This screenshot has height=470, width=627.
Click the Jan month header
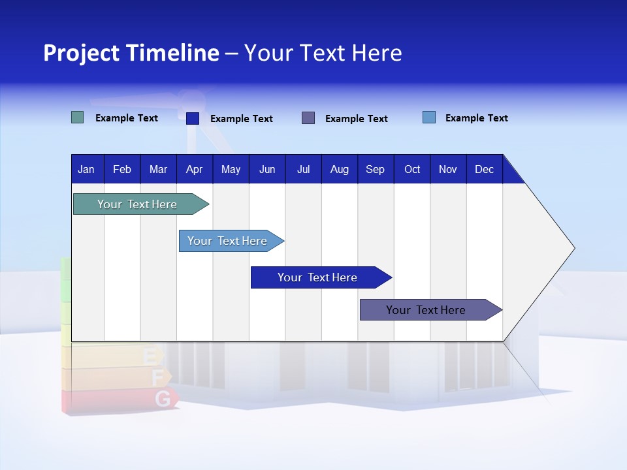click(87, 169)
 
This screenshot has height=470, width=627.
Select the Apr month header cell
click(194, 169)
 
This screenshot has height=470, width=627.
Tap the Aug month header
click(339, 169)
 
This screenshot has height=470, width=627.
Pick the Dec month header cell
click(484, 169)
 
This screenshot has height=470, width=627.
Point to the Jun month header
click(266, 169)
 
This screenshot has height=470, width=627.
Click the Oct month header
click(411, 169)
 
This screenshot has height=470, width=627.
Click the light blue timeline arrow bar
click(229, 241)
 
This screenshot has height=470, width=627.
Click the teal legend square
click(78, 118)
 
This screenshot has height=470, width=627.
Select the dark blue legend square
click(193, 119)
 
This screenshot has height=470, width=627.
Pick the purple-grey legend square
click(308, 118)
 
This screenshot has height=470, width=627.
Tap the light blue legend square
click(429, 117)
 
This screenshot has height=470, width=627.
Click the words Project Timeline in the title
click(131, 53)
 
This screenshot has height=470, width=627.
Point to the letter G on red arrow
click(163, 399)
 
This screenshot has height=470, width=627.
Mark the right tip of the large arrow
click(573, 248)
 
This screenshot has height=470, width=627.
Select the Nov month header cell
click(448, 169)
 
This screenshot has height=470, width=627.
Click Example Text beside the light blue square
click(476, 118)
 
